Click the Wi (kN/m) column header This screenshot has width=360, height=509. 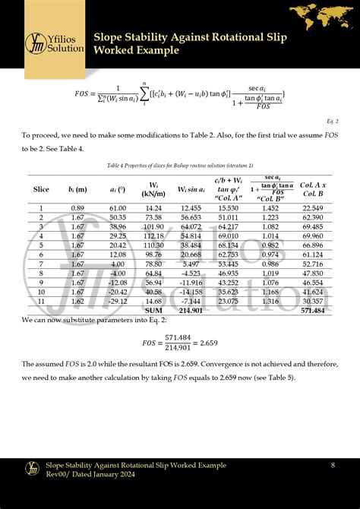pyautogui.click(x=153, y=188)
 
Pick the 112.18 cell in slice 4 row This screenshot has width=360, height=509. pyautogui.click(x=153, y=236)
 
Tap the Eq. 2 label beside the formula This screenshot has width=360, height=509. pyautogui.click(x=333, y=121)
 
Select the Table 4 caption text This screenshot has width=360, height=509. pyautogui.click(x=179, y=165)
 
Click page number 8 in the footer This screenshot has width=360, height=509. pyautogui.click(x=333, y=464)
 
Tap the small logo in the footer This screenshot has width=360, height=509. pyautogui.click(x=33, y=469)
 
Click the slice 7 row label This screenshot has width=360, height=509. pyautogui.click(x=41, y=264)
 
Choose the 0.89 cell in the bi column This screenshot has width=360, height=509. pyautogui.click(x=77, y=207)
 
